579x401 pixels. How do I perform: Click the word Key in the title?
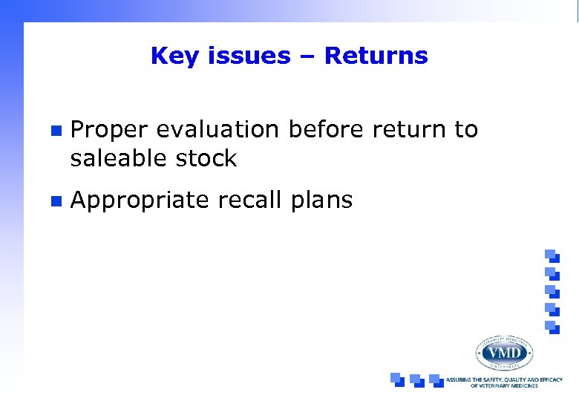tap(169, 56)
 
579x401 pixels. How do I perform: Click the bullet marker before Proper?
tap(53, 130)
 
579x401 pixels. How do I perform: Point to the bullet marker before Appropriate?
tap(53, 200)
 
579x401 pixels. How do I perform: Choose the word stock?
tap(206, 158)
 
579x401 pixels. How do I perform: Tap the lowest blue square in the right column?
tap(551, 327)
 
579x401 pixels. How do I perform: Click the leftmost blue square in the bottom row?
tap(398, 379)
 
